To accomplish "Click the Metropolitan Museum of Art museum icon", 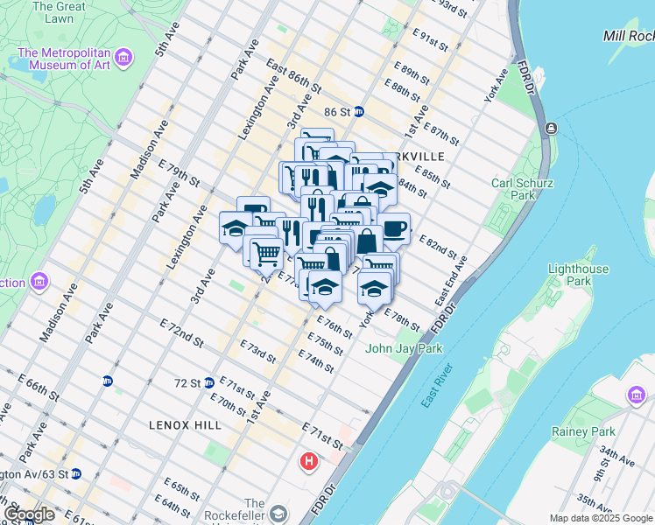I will (124, 59).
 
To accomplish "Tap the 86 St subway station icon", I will (359, 112).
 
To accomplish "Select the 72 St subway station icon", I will (208, 382).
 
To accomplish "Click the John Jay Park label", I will (404, 348).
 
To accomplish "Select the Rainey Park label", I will (583, 431).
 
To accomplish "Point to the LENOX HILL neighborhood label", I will (185, 424).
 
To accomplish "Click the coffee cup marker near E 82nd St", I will (394, 228).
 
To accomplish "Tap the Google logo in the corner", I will (29, 514).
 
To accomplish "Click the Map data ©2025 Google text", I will (601, 518).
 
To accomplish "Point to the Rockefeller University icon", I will (279, 513).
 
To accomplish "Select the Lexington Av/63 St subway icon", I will (75, 473).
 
